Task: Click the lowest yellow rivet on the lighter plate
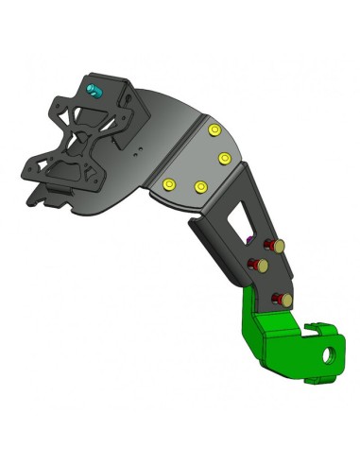(x=199, y=189)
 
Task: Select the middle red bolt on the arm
(x=254, y=263)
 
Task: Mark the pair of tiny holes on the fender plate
(x=138, y=149)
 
